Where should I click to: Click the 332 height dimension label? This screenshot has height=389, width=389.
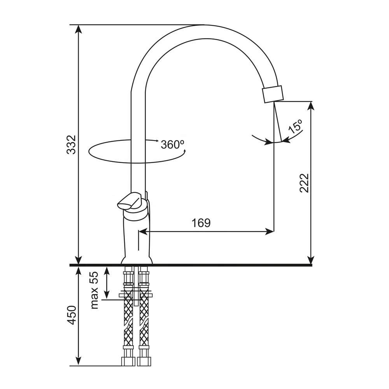[x=71, y=144]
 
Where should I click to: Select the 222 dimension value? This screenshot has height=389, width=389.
[x=304, y=183]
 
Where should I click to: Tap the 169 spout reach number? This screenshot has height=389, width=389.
[x=201, y=223]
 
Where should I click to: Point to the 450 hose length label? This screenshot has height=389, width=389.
[x=72, y=315]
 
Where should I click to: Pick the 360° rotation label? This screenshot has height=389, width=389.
[x=172, y=144]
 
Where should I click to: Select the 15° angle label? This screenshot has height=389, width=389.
[x=295, y=127]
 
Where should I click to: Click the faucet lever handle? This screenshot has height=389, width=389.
[x=130, y=201]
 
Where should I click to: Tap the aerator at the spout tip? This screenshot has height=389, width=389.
[x=273, y=94]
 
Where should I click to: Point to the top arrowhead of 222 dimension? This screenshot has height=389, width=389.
[x=310, y=105]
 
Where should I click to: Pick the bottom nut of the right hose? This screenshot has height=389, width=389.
[x=144, y=361]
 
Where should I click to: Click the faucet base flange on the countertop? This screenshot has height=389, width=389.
[x=137, y=261]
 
